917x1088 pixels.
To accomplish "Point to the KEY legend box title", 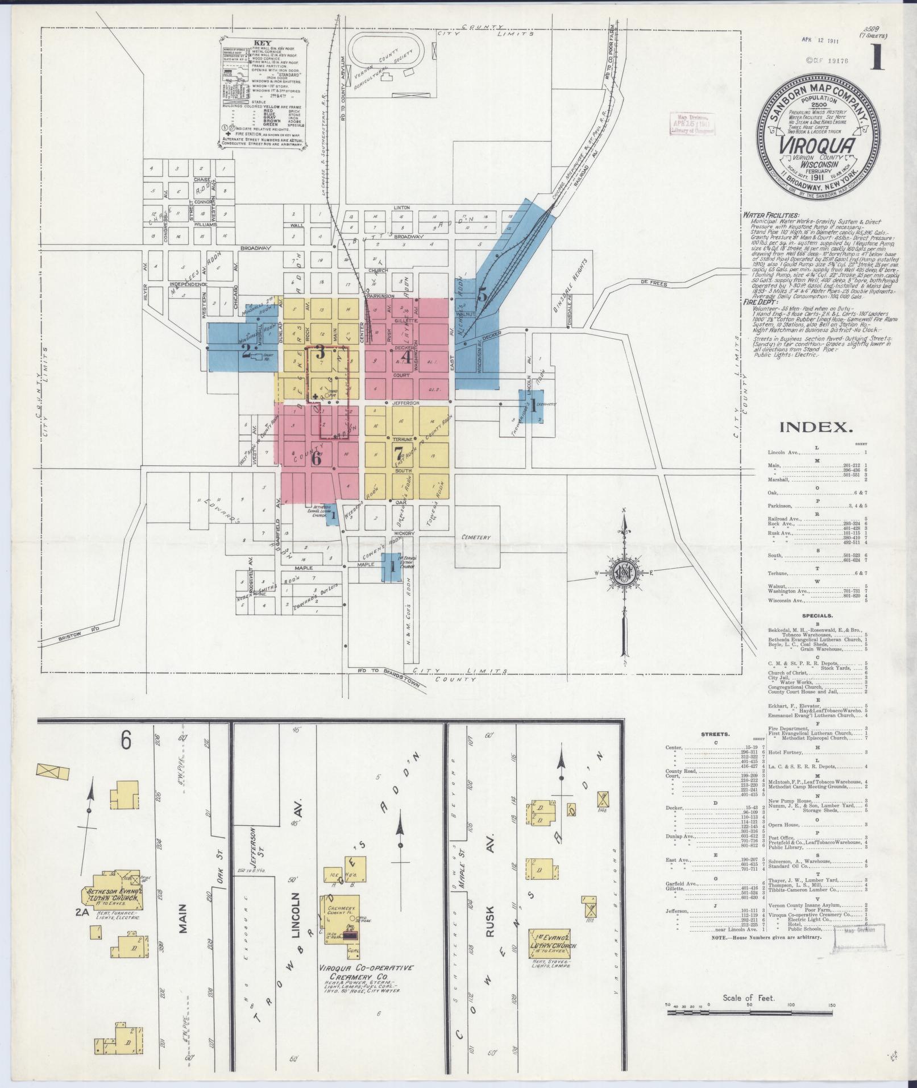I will click(x=262, y=43).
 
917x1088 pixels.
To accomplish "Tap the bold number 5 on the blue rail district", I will click(x=482, y=295).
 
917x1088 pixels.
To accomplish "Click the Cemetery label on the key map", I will click(x=476, y=536).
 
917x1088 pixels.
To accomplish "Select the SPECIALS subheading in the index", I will click(x=817, y=615).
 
